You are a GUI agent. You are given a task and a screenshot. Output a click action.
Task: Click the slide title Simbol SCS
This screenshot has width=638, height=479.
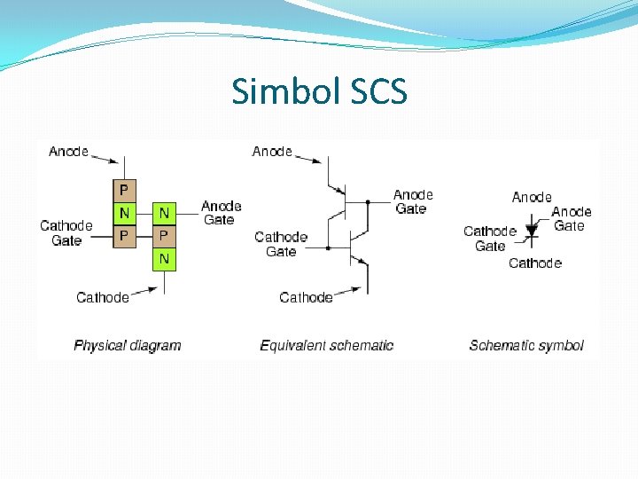[x=319, y=91]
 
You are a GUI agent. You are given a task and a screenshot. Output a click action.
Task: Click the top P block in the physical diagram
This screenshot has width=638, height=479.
[x=124, y=190]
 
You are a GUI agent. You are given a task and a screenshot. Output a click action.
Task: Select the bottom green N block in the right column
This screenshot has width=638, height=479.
[x=164, y=259]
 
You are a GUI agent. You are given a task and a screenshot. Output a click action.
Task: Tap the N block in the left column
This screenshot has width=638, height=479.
[x=124, y=213]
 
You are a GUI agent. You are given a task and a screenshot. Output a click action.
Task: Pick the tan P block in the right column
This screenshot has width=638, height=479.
[x=164, y=236]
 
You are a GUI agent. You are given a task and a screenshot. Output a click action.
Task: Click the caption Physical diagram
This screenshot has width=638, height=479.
[x=127, y=345]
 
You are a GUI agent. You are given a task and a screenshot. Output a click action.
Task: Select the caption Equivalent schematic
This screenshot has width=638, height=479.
[x=326, y=345]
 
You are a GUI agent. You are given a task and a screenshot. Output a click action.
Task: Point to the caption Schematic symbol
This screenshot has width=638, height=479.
[x=526, y=345]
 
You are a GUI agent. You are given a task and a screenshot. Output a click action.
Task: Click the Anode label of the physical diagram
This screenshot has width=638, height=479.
[x=68, y=152]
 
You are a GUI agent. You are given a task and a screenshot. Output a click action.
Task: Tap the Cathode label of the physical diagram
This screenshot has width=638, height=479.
[x=103, y=297]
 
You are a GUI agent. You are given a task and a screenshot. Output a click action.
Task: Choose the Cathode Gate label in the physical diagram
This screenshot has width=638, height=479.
[x=66, y=233]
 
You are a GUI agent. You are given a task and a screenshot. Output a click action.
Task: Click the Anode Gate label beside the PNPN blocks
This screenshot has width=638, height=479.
[x=221, y=213]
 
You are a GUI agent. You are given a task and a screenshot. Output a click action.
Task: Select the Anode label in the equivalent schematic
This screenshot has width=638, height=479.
[x=272, y=152]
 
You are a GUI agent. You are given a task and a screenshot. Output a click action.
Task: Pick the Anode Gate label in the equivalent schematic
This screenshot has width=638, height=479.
[x=412, y=201]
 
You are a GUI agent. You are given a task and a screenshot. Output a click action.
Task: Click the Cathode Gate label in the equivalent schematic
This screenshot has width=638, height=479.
[x=281, y=244]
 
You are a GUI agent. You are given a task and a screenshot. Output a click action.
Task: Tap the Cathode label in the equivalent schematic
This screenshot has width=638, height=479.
[x=306, y=297]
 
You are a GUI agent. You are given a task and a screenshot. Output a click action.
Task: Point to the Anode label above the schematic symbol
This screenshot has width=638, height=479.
[x=532, y=197]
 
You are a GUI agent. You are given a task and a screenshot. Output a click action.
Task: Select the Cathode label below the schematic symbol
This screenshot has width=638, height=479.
[x=535, y=263]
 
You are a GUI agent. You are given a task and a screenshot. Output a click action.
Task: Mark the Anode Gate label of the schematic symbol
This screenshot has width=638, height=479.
[x=571, y=218]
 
